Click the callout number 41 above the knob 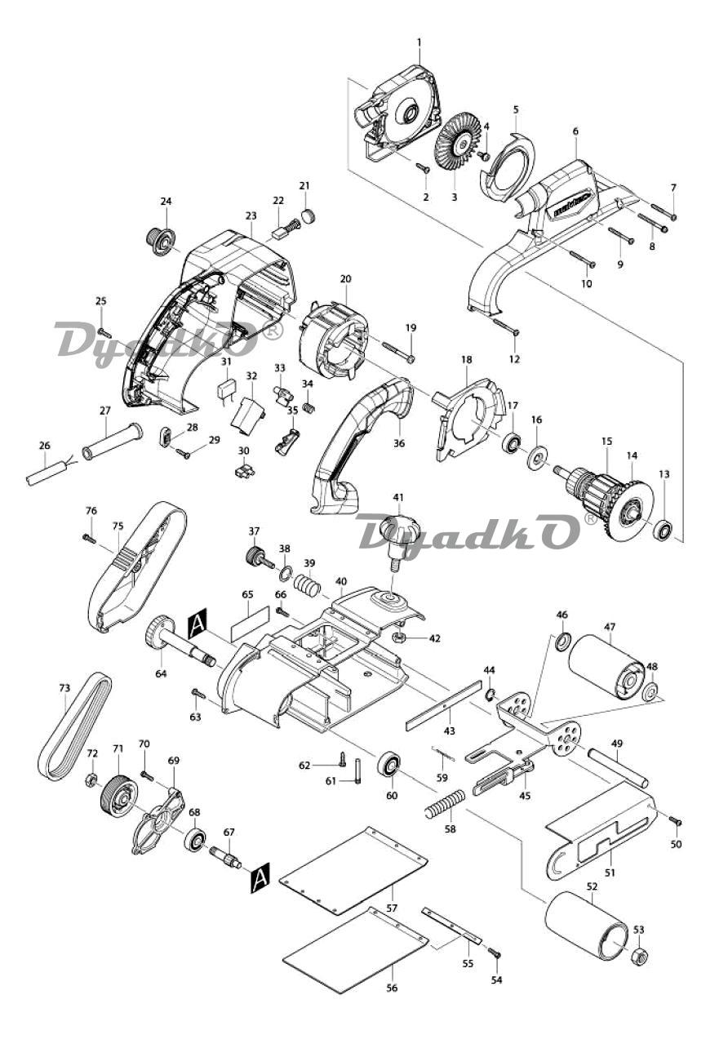(x=398, y=497)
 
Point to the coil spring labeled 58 (x=445, y=803)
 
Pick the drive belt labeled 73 (x=73, y=726)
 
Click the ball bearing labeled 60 (x=388, y=766)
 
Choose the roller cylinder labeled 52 (x=586, y=925)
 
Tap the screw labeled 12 (x=507, y=327)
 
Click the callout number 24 (x=166, y=201)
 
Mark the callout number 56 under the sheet (x=392, y=988)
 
